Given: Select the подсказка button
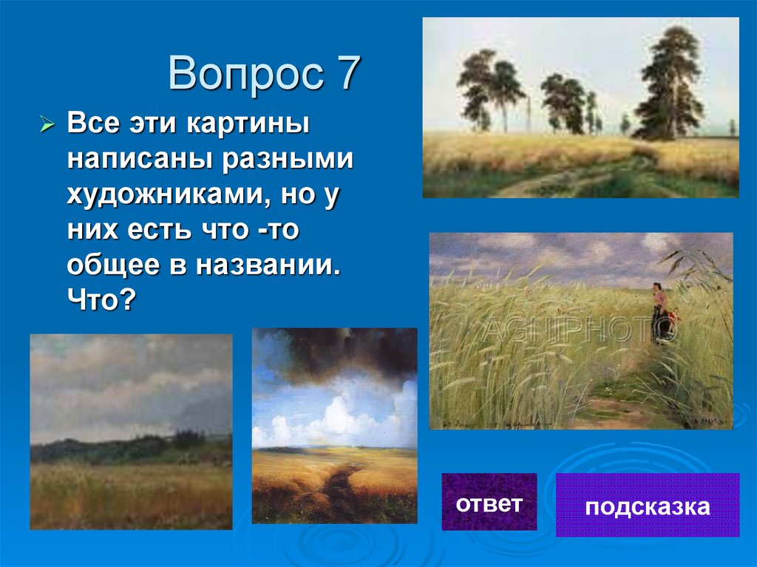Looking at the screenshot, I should [647, 506].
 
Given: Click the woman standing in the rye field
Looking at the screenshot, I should [660, 310].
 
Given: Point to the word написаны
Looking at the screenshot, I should [132, 159].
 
